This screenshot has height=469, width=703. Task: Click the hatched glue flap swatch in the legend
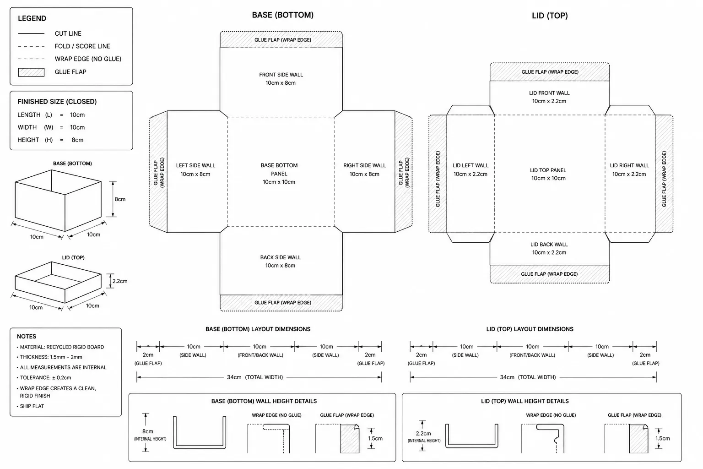[x=31, y=72]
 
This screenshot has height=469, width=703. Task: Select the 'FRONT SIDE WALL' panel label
[x=281, y=75]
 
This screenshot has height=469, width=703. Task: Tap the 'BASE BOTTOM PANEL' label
[x=279, y=169]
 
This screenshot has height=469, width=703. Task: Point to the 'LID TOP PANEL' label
[x=548, y=170]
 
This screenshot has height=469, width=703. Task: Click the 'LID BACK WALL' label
[x=549, y=245]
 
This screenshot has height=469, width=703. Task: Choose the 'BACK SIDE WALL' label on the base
[x=280, y=257]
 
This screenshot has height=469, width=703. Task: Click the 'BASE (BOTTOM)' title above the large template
[x=282, y=15]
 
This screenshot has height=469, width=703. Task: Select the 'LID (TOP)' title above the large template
[x=550, y=16]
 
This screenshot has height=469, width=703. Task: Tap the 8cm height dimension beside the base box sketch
[x=120, y=199]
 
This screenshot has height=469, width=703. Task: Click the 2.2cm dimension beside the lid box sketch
[x=120, y=281]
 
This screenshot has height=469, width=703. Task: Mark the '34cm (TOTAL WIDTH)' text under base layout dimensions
[x=255, y=377]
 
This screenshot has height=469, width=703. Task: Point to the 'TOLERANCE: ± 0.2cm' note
[x=45, y=377]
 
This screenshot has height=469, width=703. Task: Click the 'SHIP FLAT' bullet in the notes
[x=32, y=406]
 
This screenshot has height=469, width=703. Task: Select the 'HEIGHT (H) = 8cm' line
[x=50, y=140]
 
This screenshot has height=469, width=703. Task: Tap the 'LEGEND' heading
[x=32, y=18]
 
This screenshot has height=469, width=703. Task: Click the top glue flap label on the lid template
[x=550, y=72]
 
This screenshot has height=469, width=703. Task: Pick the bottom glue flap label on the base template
[x=283, y=302]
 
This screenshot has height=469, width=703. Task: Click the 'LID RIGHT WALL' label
[x=629, y=165]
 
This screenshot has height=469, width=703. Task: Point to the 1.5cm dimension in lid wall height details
[x=663, y=438]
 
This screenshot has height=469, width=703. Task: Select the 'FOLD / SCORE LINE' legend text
[x=82, y=47]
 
